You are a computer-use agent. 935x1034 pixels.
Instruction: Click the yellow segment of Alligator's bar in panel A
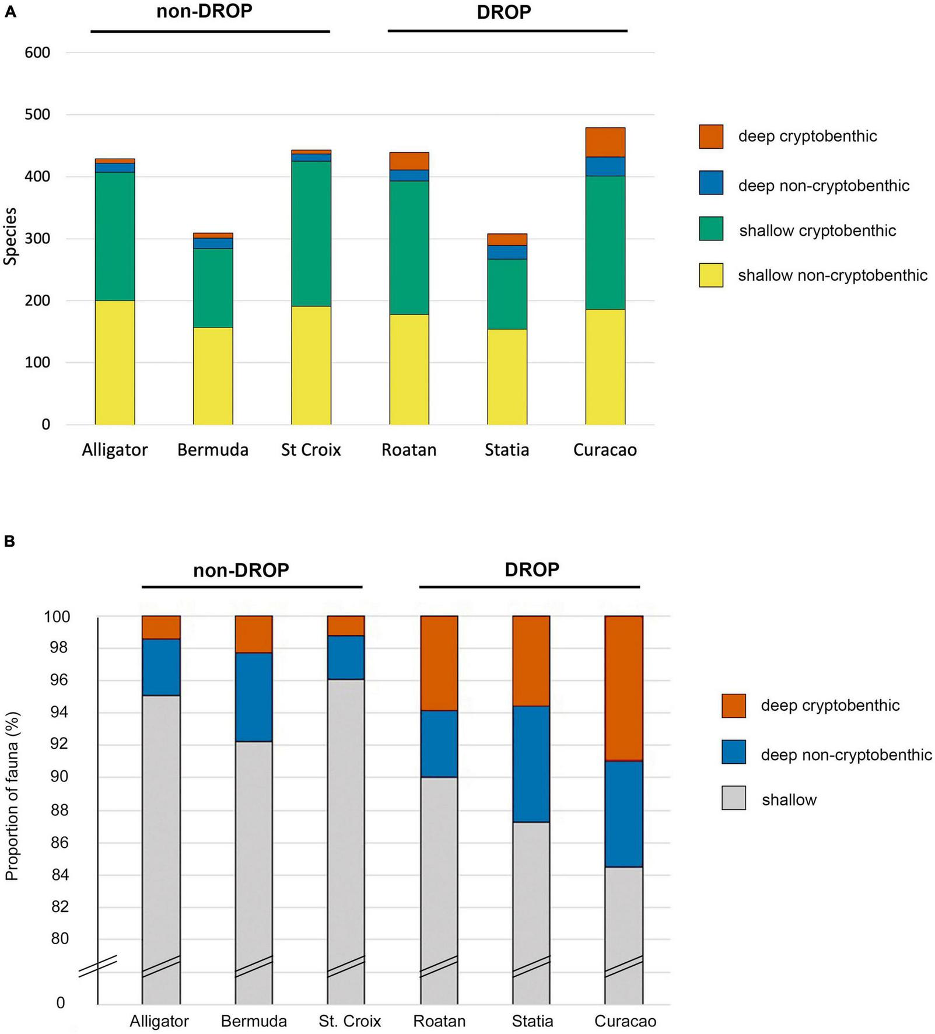pyautogui.click(x=115, y=362)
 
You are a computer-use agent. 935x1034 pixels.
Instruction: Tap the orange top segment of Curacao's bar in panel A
pyautogui.click(x=605, y=142)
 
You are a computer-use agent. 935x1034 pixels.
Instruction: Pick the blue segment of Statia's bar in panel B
pyautogui.click(x=531, y=764)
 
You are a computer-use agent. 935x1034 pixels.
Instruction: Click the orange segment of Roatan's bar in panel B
pyautogui.click(x=439, y=663)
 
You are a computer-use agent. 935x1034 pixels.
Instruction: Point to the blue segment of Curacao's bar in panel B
pyautogui.click(x=624, y=813)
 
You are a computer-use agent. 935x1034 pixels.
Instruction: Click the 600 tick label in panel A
pyautogui.click(x=37, y=53)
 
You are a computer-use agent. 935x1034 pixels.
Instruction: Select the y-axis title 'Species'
pyautogui.click(x=10, y=236)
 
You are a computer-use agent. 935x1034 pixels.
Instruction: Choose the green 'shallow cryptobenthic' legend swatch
pyautogui.click(x=711, y=229)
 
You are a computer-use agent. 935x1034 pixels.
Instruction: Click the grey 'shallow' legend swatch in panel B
pyautogui.click(x=733, y=798)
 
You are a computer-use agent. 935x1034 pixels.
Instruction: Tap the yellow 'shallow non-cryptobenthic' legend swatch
pyautogui.click(x=711, y=275)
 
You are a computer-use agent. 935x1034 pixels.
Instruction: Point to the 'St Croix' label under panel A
pyautogui.click(x=311, y=450)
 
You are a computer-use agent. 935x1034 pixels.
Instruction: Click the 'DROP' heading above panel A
pyautogui.click(x=504, y=12)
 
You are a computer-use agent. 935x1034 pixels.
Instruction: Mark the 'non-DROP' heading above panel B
pyautogui.click(x=241, y=570)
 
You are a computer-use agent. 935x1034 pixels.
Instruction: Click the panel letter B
pyautogui.click(x=9, y=541)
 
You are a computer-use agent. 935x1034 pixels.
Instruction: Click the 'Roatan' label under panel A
pyautogui.click(x=409, y=450)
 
